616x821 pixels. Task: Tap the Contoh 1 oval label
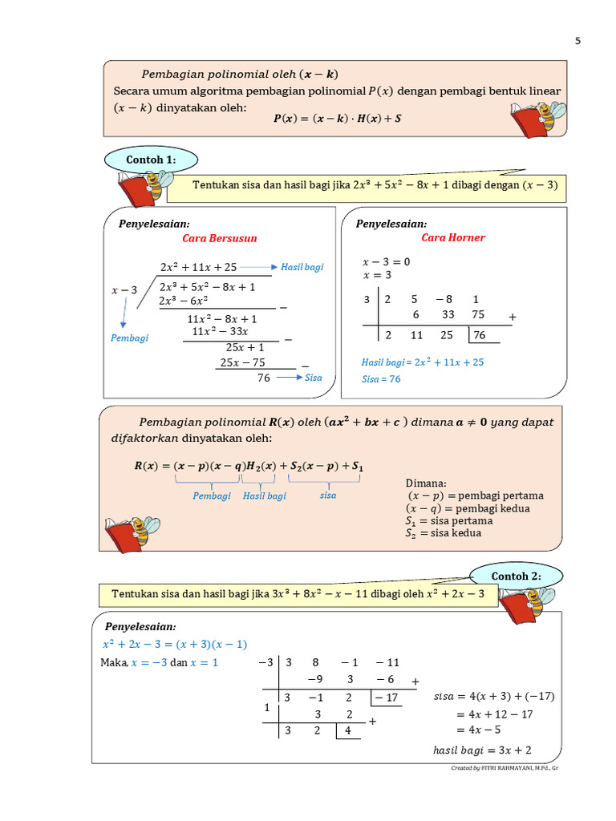coord(151,160)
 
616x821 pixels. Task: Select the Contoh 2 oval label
coord(516,576)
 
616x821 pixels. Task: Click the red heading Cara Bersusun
coord(220,238)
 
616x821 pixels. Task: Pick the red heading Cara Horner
coord(453,237)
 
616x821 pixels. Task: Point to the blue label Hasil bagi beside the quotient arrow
coord(302,267)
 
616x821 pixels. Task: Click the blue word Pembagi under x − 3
coord(129,338)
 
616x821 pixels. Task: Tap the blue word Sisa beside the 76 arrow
coord(313,378)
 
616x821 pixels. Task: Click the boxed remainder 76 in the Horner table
coord(480,335)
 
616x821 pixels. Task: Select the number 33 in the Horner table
coord(448,315)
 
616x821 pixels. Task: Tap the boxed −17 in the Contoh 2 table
coord(388,698)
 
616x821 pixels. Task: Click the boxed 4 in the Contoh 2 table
coord(348,731)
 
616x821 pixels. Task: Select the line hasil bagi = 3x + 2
coord(482,750)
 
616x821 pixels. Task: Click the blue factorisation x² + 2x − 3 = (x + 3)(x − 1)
coord(175,644)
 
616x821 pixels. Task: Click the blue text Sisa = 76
coord(381,379)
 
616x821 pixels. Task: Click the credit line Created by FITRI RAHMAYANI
coord(505,768)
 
